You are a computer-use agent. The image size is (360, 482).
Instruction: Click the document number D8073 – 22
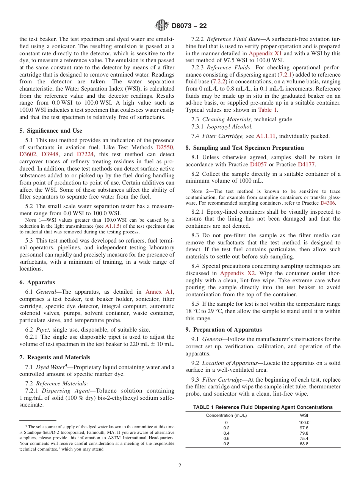click(x=189, y=26)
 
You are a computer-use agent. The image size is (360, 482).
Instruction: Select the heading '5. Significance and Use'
click(x=51, y=131)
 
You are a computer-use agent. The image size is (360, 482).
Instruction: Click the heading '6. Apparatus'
click(x=37, y=282)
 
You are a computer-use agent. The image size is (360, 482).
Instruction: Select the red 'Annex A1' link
click(x=159, y=292)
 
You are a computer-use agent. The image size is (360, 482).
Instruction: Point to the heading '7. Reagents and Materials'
click(x=55, y=357)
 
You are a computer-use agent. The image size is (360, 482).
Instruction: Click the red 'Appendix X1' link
click(x=265, y=53)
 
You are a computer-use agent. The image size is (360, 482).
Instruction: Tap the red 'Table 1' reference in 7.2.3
click(x=268, y=110)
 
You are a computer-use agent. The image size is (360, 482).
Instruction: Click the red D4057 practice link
click(x=258, y=164)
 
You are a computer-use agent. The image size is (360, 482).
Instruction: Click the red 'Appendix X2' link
click(x=238, y=273)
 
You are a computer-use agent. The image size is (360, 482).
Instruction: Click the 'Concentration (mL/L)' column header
click(x=226, y=415)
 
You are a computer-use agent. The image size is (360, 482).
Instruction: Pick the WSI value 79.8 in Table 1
click(x=304, y=433)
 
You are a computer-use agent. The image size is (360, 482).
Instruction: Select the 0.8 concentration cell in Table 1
click(x=226, y=444)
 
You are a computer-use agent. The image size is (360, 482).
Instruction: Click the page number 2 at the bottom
click(x=180, y=466)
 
